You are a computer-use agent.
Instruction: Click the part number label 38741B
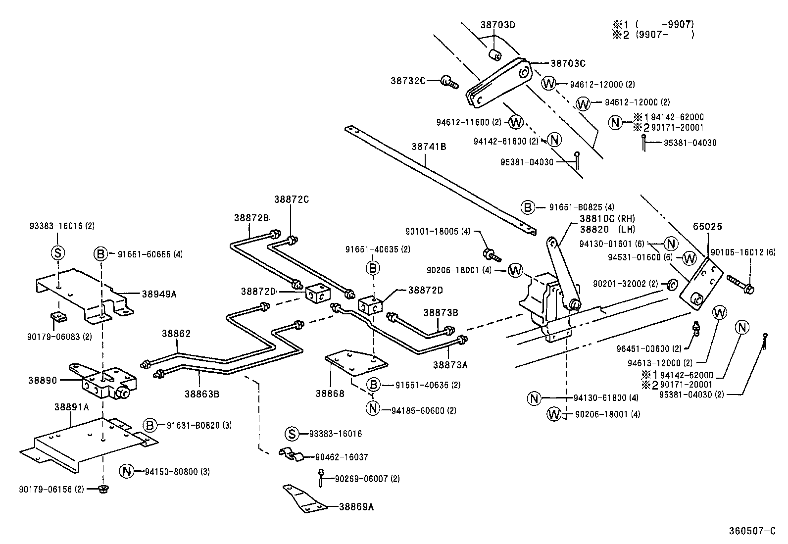pyautogui.click(x=429, y=147)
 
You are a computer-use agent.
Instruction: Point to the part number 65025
pyautogui.click(x=707, y=227)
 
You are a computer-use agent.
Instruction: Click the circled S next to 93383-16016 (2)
pyautogui.click(x=58, y=253)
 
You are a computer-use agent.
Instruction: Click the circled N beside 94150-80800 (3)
pyautogui.click(x=127, y=472)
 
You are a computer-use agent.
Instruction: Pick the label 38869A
pyautogui.click(x=356, y=506)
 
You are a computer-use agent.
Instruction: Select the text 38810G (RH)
pyautogui.click(x=607, y=219)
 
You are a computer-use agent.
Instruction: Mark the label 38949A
pyautogui.click(x=159, y=294)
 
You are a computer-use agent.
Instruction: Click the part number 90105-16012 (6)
pyautogui.click(x=742, y=252)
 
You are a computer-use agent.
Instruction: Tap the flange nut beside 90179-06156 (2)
pyautogui.click(x=103, y=489)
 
